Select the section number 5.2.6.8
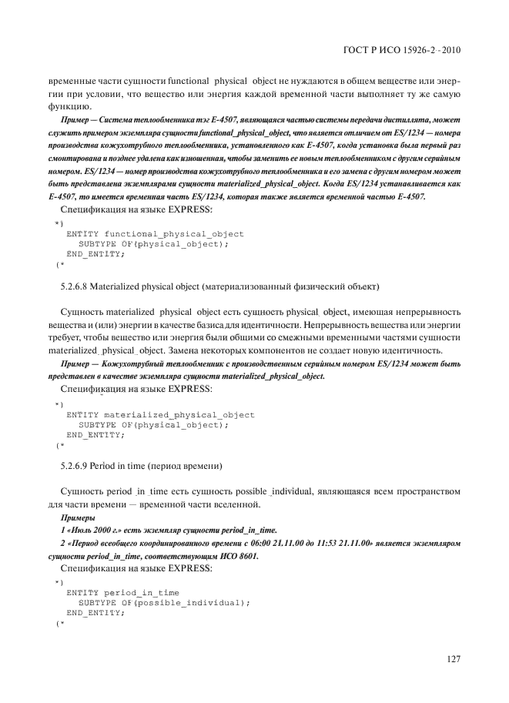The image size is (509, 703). click(x=76, y=286)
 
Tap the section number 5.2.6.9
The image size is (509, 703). click(x=76, y=466)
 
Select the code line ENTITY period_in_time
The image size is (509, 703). click(x=122, y=592)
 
